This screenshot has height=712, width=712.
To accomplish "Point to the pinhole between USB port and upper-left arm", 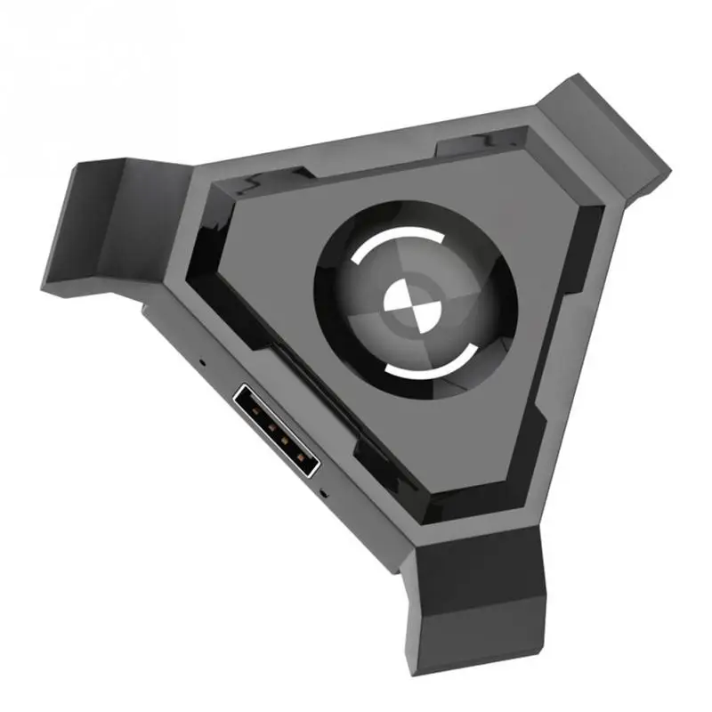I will coord(202,363).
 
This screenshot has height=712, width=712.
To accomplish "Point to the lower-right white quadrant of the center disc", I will coord(419,315).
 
